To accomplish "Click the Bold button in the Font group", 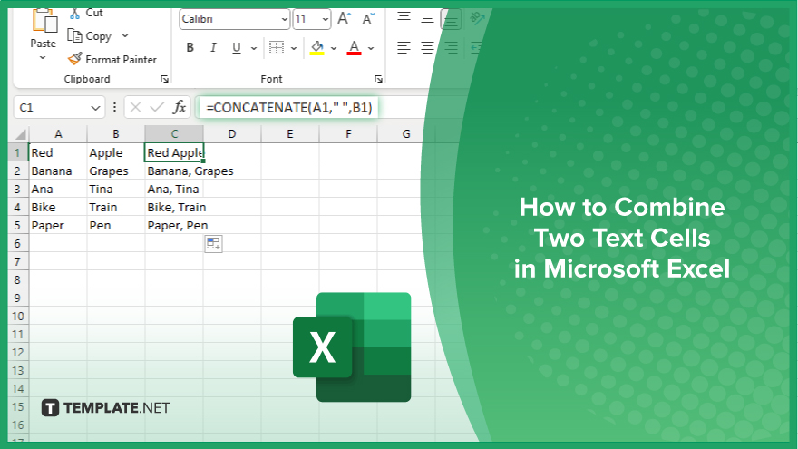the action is click(x=190, y=48).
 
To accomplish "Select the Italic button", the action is click(x=213, y=48).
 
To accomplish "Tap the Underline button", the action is click(x=237, y=48).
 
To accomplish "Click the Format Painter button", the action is click(x=112, y=60).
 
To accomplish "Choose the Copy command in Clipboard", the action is click(x=90, y=36).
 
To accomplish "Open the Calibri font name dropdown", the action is click(x=235, y=19).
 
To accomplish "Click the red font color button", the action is click(x=355, y=48).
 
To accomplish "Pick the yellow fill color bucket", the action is click(x=317, y=48).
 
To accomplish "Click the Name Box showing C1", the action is click(x=59, y=107).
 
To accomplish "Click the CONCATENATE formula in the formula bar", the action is click(x=289, y=107).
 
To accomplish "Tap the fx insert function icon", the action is click(x=180, y=107).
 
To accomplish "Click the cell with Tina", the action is click(x=116, y=190).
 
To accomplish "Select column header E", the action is click(x=290, y=134).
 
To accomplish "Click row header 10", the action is click(x=18, y=317).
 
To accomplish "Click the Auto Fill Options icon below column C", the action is click(x=214, y=244).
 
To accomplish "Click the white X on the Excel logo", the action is click(x=323, y=347).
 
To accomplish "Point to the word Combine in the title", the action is click(x=670, y=207).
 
